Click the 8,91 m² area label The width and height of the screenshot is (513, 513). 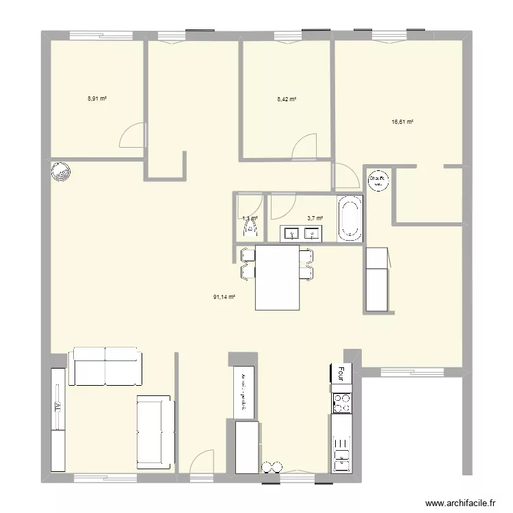[x=96, y=98]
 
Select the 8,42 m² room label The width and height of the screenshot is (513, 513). [x=287, y=99]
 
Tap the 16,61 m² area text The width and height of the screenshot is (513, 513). [x=402, y=122]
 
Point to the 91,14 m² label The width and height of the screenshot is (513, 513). [x=224, y=297]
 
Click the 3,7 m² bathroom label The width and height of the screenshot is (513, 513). [x=315, y=218]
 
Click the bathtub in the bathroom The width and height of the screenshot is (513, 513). [x=350, y=218]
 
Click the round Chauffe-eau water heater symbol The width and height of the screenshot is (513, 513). [x=378, y=180]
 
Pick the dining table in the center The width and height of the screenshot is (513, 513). [x=277, y=278]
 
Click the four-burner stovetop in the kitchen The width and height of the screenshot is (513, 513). [x=342, y=403]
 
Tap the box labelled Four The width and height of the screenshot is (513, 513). [x=341, y=373]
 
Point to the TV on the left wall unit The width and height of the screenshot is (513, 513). [x=57, y=418]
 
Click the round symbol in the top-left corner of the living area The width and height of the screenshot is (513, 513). [x=60, y=173]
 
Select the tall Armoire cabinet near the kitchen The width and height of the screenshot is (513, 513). [x=244, y=393]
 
